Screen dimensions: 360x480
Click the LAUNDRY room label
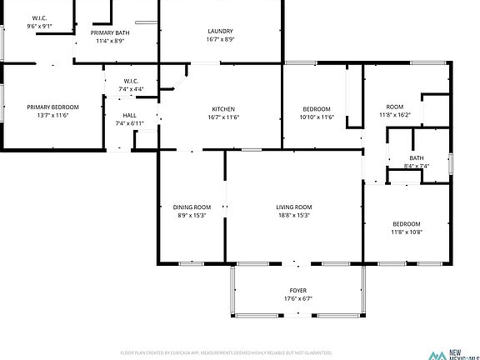[221, 32]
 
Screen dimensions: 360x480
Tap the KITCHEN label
[222, 109]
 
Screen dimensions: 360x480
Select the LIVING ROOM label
[294, 207]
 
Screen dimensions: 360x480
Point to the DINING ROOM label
[192, 207]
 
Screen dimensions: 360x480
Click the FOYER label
[297, 290]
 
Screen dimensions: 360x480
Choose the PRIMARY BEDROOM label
[52, 107]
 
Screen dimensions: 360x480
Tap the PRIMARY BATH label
[109, 32]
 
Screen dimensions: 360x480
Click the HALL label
[130, 116]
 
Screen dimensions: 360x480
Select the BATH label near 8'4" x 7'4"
[416, 158]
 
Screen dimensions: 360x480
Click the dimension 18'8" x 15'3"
[294, 215]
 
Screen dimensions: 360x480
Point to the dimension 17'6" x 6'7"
[297, 298]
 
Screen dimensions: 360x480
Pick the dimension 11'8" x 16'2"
[395, 114]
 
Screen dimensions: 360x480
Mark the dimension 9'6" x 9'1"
[39, 26]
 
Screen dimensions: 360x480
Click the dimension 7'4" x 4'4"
[131, 89]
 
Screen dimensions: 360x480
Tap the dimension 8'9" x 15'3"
[192, 215]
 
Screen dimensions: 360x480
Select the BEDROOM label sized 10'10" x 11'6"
[317, 109]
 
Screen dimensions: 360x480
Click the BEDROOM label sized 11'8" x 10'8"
[407, 223]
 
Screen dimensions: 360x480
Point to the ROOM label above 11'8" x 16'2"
[395, 106]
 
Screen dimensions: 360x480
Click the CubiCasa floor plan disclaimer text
[227, 352]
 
